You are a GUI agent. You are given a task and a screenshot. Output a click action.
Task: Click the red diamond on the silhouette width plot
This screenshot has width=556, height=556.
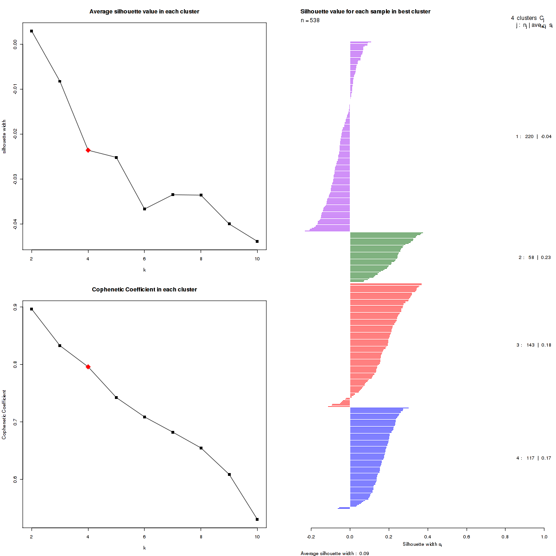pyautogui.click(x=88, y=150)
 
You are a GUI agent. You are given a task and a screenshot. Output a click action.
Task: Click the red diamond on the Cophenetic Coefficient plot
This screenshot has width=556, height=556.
pyautogui.click(x=88, y=367)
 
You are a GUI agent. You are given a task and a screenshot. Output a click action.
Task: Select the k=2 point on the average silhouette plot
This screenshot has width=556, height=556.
pyautogui.click(x=32, y=31)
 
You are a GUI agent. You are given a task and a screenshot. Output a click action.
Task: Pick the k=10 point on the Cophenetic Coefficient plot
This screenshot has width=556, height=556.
pyautogui.click(x=257, y=519)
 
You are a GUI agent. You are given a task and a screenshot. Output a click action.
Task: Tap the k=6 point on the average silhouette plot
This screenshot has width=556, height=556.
pyautogui.click(x=145, y=209)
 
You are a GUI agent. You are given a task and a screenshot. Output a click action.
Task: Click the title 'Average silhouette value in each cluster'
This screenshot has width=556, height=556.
pyautogui.click(x=144, y=11)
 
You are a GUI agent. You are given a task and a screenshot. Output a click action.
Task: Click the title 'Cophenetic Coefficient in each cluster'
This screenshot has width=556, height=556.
pyautogui.click(x=144, y=290)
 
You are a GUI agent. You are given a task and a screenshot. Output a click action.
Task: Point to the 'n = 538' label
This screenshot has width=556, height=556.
pyautogui.click(x=310, y=20)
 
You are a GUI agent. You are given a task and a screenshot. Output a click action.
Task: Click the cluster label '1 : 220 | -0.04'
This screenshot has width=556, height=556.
pyautogui.click(x=533, y=137)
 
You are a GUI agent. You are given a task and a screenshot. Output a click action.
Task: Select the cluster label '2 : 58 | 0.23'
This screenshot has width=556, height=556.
pyautogui.click(x=534, y=258)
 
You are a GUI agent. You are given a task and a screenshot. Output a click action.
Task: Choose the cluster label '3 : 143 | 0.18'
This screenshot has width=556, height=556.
pyautogui.click(x=533, y=345)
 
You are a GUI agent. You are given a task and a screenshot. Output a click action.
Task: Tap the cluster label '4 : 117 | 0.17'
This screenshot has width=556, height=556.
pyautogui.click(x=533, y=458)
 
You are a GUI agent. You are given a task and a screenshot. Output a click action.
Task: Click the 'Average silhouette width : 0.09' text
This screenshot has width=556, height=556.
pyautogui.click(x=335, y=553)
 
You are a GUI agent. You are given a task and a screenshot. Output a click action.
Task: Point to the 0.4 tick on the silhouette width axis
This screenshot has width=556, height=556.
pyautogui.click(x=428, y=537)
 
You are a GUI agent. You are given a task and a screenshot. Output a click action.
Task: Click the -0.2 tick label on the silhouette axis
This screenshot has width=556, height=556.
pyautogui.click(x=311, y=537)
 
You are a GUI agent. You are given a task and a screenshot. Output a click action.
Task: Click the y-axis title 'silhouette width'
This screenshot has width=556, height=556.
pyautogui.click(x=4, y=137)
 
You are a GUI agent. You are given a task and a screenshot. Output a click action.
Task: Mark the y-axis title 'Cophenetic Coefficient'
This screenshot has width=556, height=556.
pyautogui.click(x=4, y=415)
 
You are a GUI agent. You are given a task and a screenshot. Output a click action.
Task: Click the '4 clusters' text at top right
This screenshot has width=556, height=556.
pyautogui.click(x=524, y=18)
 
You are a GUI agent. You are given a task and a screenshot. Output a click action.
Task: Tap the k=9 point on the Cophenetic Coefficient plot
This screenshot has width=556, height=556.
pyautogui.click(x=229, y=474)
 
